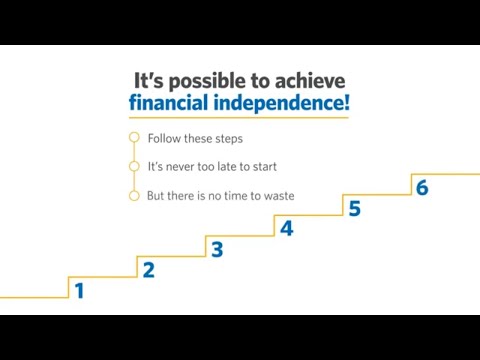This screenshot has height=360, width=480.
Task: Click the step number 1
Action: point(79,292)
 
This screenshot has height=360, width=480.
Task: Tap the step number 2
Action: point(148,270)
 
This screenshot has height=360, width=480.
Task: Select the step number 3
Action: point(216,250)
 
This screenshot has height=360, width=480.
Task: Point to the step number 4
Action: point(286,229)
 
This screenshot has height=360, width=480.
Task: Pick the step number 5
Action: point(354,208)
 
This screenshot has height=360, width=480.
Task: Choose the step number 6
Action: point(422,188)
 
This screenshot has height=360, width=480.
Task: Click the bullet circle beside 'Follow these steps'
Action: point(134,138)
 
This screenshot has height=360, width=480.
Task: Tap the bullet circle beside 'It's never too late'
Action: point(134,166)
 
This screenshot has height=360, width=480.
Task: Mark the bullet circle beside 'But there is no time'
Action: point(134,196)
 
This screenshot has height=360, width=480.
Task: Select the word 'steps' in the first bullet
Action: point(227,138)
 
